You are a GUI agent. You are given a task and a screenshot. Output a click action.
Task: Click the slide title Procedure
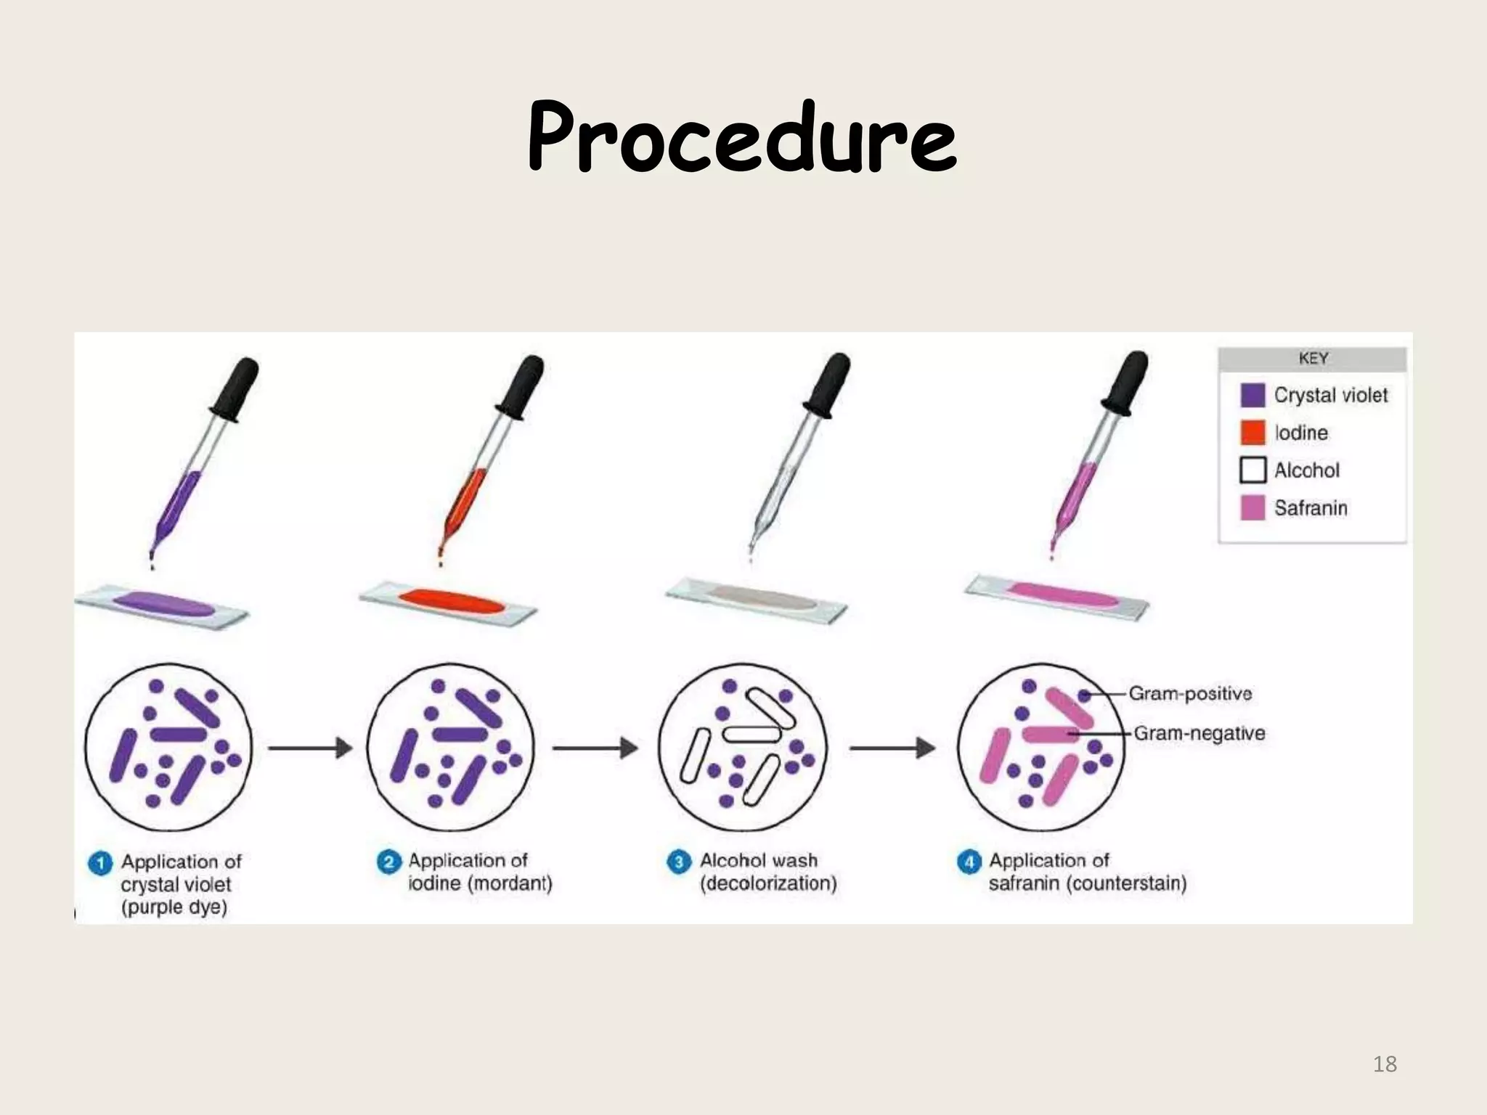tap(742, 136)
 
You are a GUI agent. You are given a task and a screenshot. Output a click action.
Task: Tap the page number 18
tap(1385, 1064)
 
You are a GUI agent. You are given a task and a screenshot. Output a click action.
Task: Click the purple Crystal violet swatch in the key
tap(1252, 395)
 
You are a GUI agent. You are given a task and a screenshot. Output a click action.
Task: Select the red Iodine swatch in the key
tap(1252, 433)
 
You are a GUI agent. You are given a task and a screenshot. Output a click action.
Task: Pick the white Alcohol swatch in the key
tap(1252, 470)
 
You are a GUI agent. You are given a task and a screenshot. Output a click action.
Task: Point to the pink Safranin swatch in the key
tap(1252, 508)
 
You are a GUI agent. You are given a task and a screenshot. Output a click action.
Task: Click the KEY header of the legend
tap(1313, 359)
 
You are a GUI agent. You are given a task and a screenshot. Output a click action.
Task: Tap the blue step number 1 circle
tap(100, 864)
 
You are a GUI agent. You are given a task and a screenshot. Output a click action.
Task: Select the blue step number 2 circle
tap(388, 862)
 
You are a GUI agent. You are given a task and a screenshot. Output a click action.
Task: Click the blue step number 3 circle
tap(679, 862)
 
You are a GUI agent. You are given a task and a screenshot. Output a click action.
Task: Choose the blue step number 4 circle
tap(969, 862)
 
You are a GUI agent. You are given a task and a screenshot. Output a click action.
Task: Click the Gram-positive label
tap(1190, 694)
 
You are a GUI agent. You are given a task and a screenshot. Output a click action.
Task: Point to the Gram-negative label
tap(1199, 733)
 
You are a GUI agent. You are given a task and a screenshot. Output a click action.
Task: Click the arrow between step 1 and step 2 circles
tap(310, 748)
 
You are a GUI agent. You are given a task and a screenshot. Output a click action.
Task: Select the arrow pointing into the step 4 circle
tap(892, 748)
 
